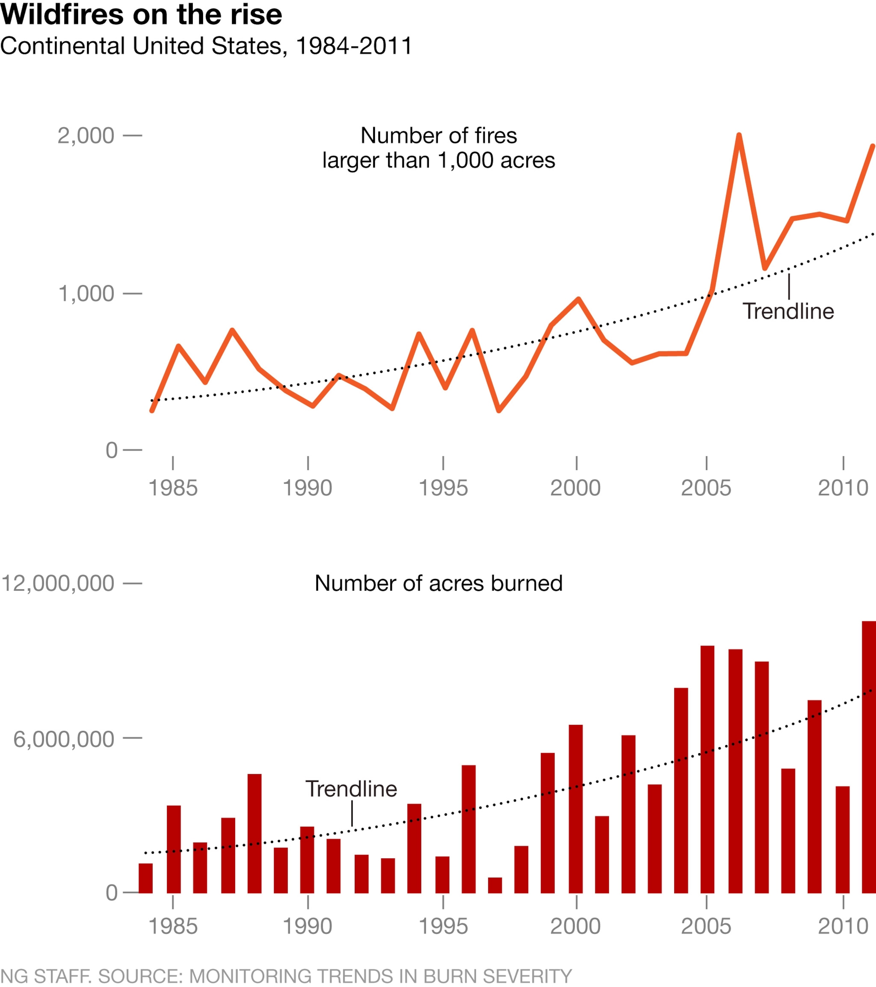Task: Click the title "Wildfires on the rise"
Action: click(141, 14)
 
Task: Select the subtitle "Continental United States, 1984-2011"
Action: click(206, 46)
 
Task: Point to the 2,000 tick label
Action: click(86, 136)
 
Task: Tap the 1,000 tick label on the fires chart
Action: click(86, 294)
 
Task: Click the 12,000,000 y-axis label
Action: click(58, 583)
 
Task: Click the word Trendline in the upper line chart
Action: click(788, 311)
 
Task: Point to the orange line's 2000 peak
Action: click(578, 299)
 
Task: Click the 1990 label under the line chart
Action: click(307, 488)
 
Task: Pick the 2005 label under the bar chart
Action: click(706, 927)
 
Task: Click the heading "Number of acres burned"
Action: click(438, 583)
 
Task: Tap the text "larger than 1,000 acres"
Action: click(438, 160)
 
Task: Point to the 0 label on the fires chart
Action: click(111, 450)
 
